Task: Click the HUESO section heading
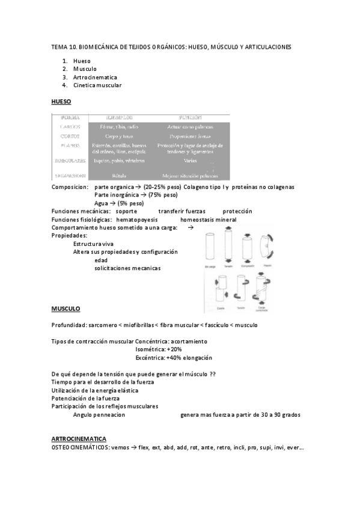tap(61, 102)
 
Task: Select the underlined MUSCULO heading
tap(66, 309)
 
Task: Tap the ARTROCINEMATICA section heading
tap(79, 440)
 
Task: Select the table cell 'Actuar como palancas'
tap(190, 127)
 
